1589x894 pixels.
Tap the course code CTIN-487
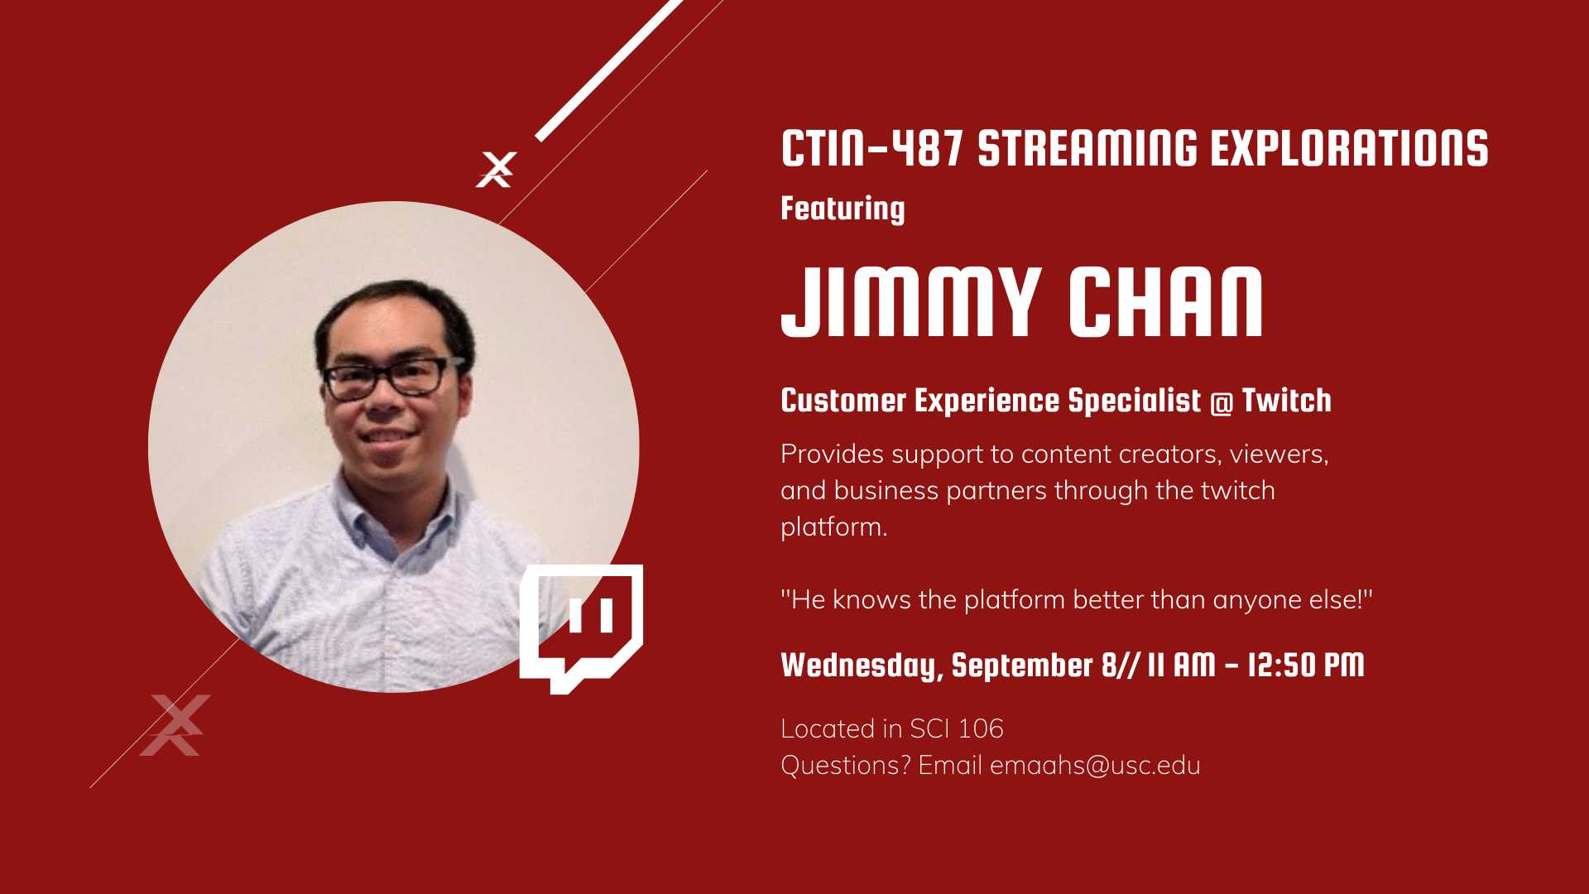tap(872, 149)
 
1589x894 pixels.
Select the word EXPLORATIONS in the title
tap(1350, 149)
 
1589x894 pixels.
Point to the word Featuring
tap(843, 209)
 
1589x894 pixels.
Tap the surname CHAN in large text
tap(1166, 302)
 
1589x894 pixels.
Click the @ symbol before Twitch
tap(1222, 402)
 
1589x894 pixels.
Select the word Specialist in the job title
tap(1134, 401)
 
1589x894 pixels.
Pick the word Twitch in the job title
tap(1287, 401)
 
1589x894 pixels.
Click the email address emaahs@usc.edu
tap(1095, 765)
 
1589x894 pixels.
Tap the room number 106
tap(981, 728)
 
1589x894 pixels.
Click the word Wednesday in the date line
tap(858, 666)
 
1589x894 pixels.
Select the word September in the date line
tap(1022, 666)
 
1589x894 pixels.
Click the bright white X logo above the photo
tap(496, 170)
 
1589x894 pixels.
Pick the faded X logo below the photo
tap(175, 725)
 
